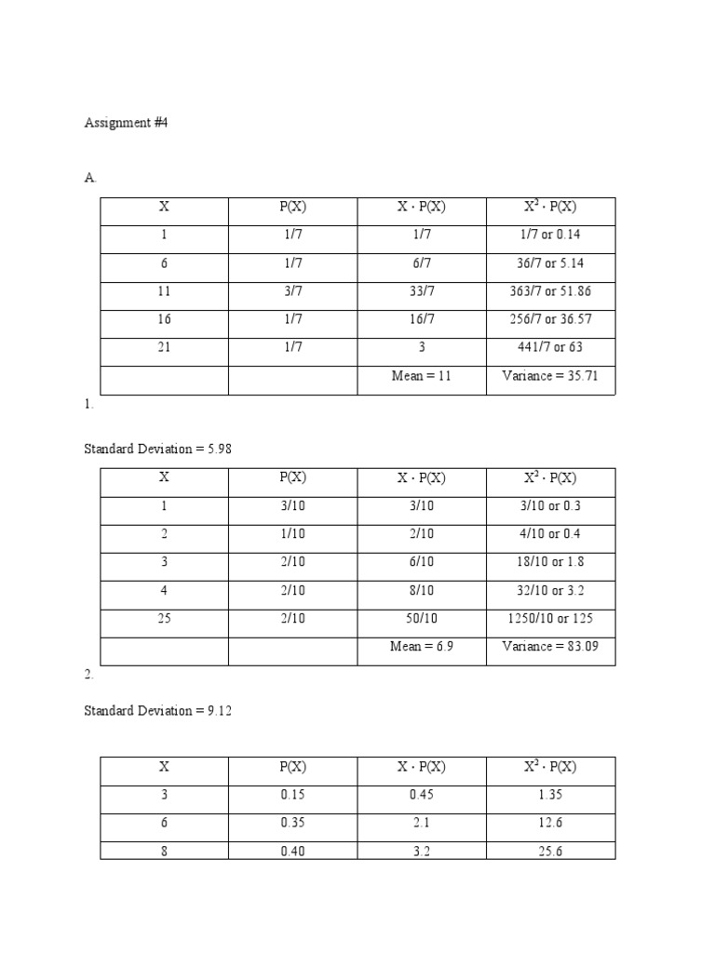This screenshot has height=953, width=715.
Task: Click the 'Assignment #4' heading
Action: click(x=126, y=123)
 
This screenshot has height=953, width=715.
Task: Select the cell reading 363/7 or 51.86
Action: click(x=550, y=291)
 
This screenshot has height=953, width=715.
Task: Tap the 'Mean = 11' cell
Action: click(x=421, y=376)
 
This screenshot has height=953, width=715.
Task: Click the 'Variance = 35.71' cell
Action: click(x=550, y=376)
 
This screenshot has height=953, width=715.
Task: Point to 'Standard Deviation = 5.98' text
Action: click(x=157, y=449)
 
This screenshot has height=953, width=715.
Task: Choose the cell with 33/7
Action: click(x=421, y=291)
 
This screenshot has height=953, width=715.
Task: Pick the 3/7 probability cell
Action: click(x=292, y=291)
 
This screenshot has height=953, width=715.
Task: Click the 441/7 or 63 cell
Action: click(x=550, y=347)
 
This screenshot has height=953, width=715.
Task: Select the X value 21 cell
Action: click(x=164, y=347)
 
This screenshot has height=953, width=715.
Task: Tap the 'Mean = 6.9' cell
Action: click(x=421, y=646)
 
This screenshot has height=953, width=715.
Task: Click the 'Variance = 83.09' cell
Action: click(x=550, y=646)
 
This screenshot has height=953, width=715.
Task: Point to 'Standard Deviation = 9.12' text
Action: click(x=157, y=711)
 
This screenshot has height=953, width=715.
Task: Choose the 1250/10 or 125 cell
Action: click(x=550, y=618)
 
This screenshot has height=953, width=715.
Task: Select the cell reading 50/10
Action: click(x=421, y=618)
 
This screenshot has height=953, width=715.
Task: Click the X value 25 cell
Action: click(x=164, y=618)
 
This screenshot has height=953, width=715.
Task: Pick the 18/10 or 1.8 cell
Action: click(x=550, y=562)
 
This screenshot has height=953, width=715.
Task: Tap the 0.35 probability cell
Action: click(x=292, y=823)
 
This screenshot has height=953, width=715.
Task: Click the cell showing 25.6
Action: click(x=550, y=851)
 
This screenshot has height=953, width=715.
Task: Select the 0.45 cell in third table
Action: click(x=421, y=795)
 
